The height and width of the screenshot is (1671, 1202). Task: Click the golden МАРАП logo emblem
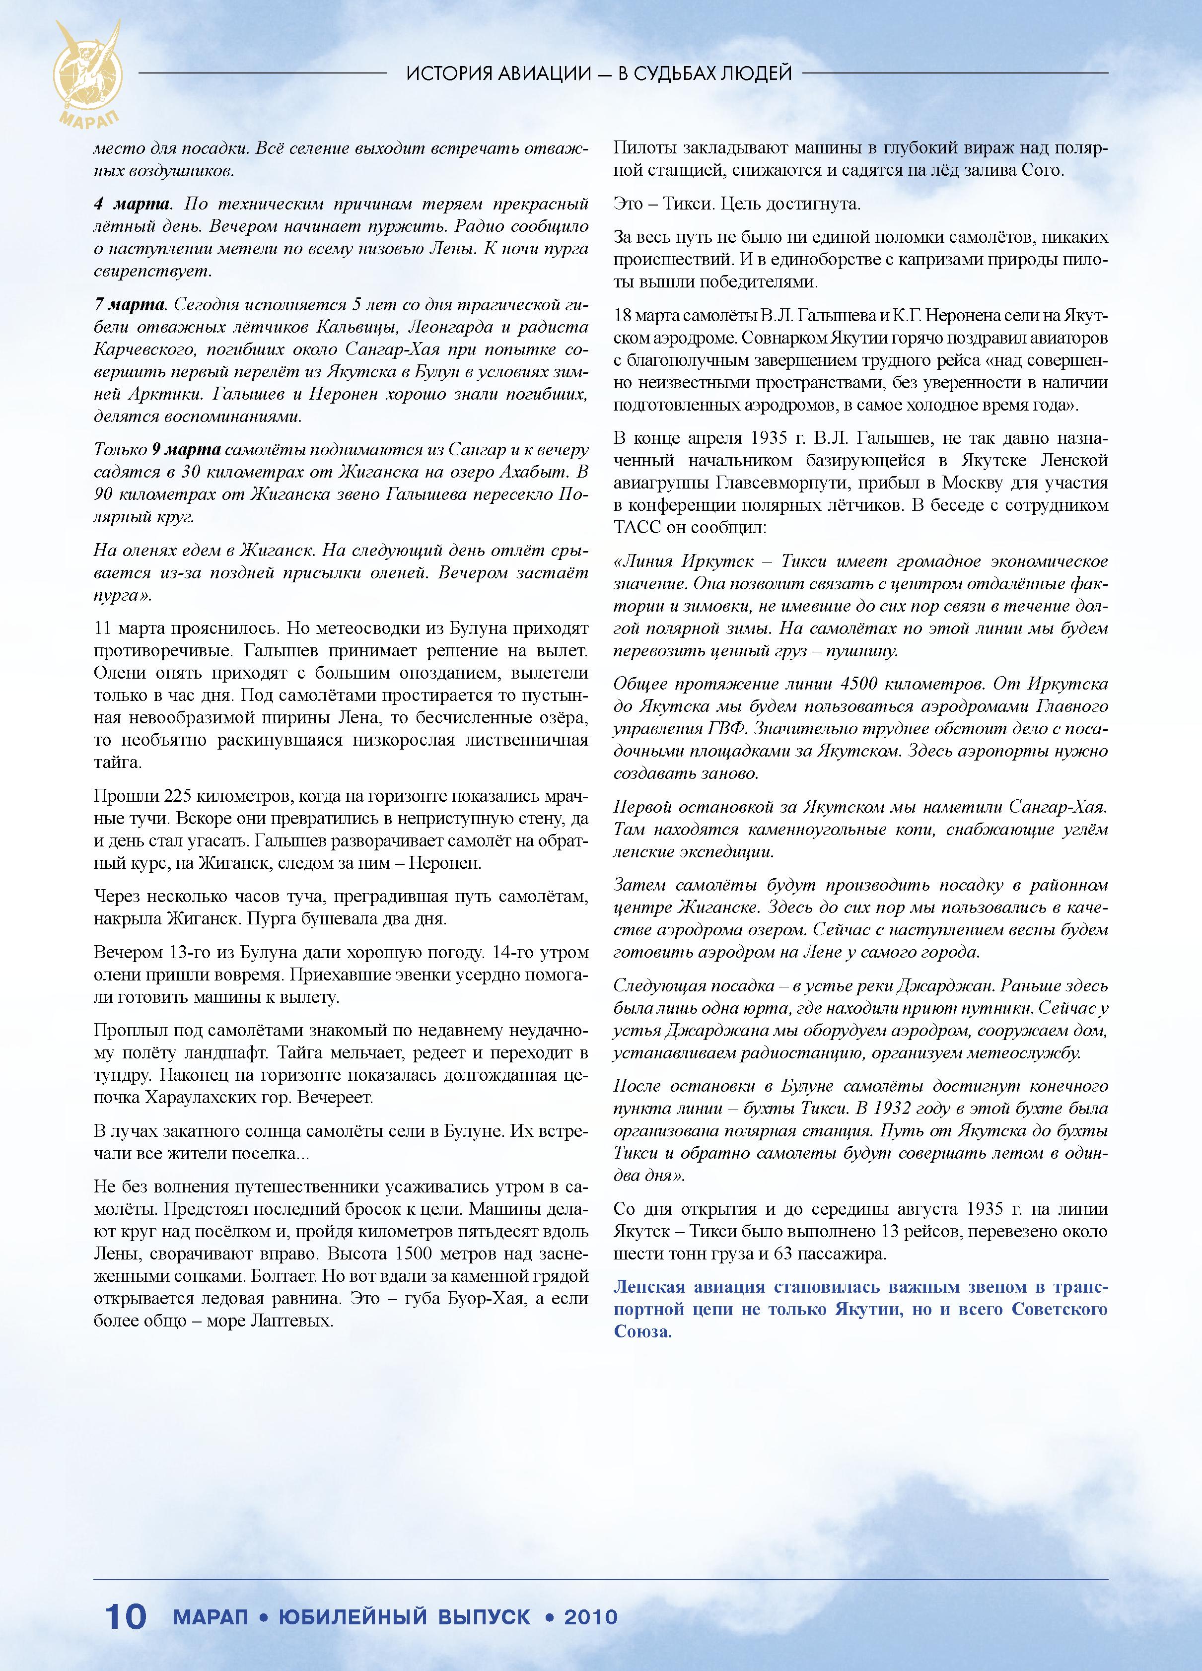click(x=87, y=73)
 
